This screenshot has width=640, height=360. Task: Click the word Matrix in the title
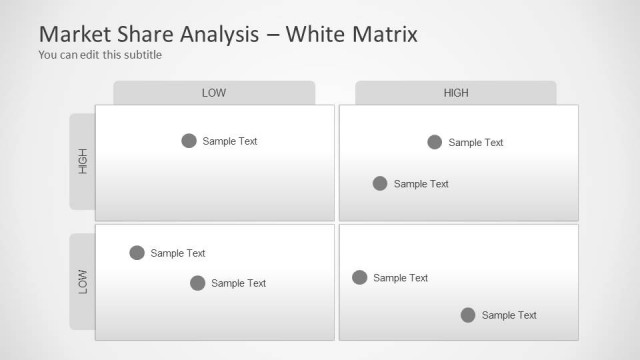click(385, 34)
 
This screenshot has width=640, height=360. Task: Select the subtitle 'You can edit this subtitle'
click(99, 55)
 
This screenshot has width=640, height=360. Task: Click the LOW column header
click(214, 93)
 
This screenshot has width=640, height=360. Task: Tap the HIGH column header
click(456, 93)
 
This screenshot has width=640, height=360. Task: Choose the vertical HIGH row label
click(83, 161)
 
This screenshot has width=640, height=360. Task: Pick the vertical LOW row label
click(83, 282)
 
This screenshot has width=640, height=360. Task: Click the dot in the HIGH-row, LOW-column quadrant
click(189, 141)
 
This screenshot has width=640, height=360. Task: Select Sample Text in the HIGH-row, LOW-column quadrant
click(230, 141)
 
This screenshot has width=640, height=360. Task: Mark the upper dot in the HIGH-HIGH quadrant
click(434, 142)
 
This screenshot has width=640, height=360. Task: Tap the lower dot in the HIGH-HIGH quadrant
click(380, 183)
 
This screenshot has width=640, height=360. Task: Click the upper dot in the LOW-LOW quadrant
click(137, 253)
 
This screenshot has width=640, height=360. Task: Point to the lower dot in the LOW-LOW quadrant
click(198, 283)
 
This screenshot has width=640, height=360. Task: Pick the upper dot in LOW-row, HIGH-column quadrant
click(360, 278)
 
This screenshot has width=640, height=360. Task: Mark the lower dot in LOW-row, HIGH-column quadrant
click(468, 315)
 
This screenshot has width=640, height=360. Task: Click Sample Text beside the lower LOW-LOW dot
click(239, 283)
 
